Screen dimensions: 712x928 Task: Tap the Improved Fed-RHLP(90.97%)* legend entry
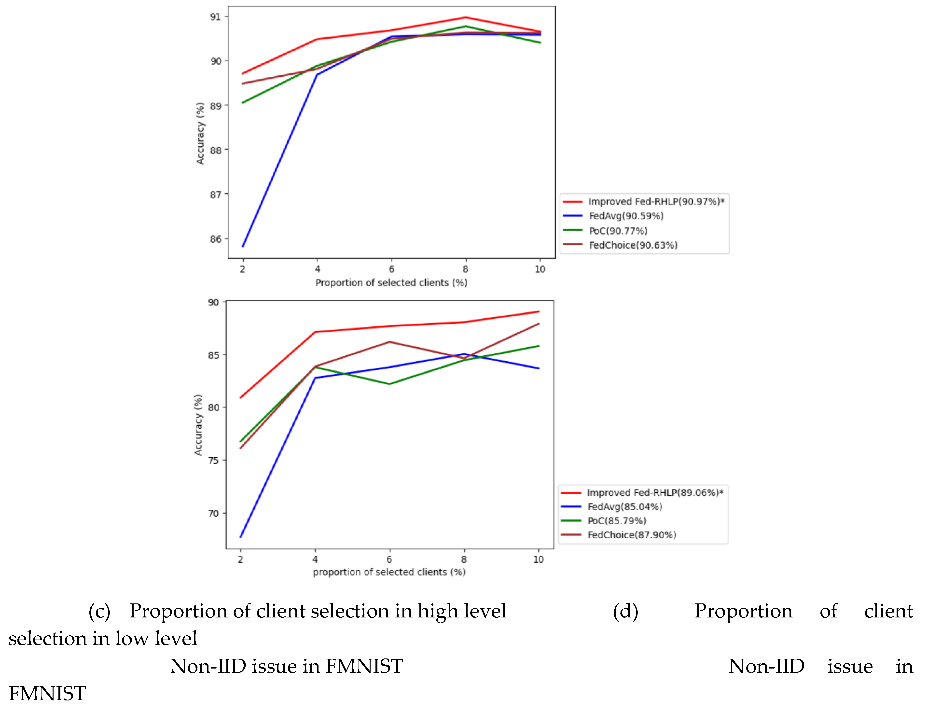tap(656, 202)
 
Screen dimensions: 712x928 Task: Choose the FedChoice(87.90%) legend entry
tap(631, 535)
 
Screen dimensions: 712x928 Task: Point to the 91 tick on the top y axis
tap(216, 17)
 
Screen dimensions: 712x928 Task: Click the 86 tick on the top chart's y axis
tap(216, 239)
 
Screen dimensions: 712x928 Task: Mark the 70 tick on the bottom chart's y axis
tap(214, 514)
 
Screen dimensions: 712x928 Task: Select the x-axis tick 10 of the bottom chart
tap(538, 559)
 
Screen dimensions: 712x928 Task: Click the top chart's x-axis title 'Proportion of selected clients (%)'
tap(391, 283)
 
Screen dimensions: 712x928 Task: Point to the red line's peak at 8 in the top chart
tap(465, 17)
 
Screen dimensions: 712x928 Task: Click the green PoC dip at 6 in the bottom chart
tap(389, 384)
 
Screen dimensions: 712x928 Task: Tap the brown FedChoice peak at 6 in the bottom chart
tap(389, 342)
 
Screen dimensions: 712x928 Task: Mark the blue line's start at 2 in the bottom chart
tap(241, 537)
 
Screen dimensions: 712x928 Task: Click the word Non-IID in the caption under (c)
tap(208, 666)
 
